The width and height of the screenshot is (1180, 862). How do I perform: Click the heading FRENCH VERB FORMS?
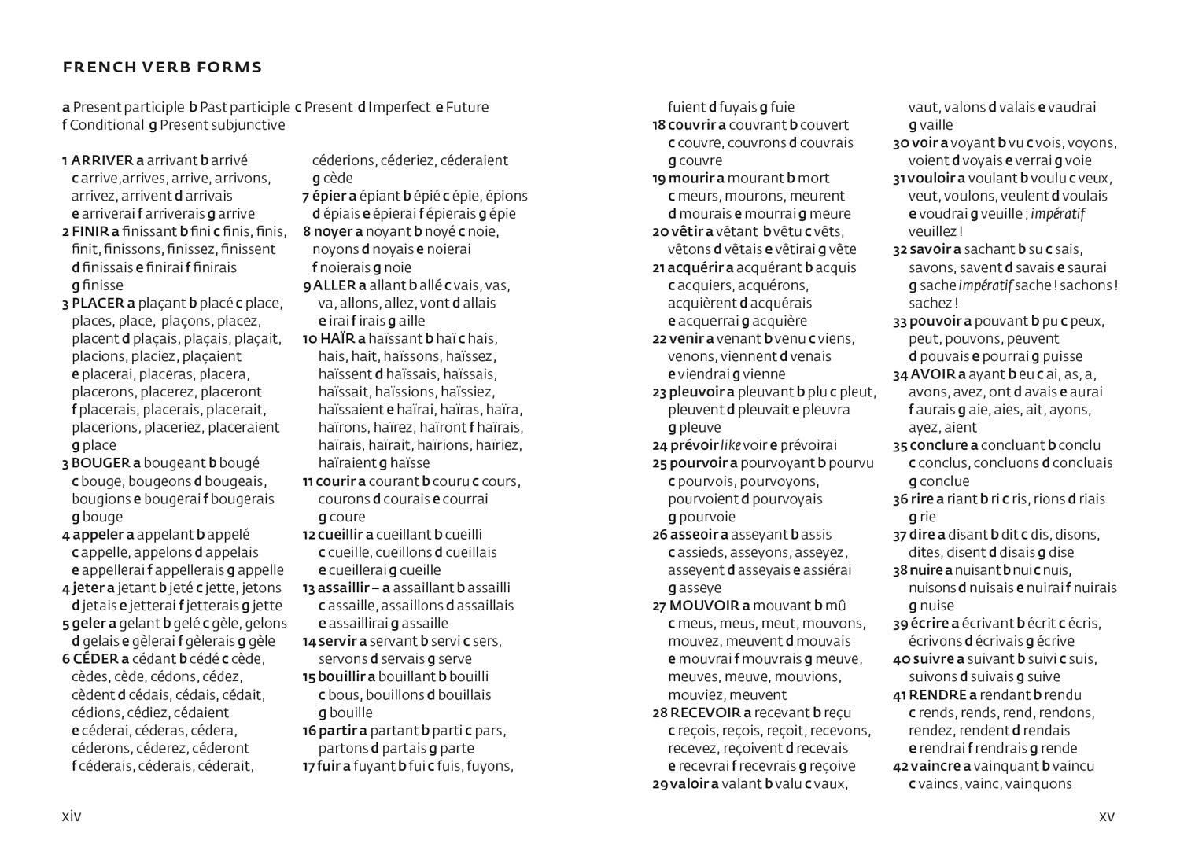(x=162, y=68)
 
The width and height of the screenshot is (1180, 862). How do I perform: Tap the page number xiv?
(x=72, y=816)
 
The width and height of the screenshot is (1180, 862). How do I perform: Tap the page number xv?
(x=1106, y=816)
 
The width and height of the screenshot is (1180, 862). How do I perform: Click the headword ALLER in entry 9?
(x=334, y=285)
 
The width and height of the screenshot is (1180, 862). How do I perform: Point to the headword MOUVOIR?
(x=704, y=606)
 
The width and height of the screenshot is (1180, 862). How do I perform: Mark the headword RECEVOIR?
(x=706, y=713)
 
